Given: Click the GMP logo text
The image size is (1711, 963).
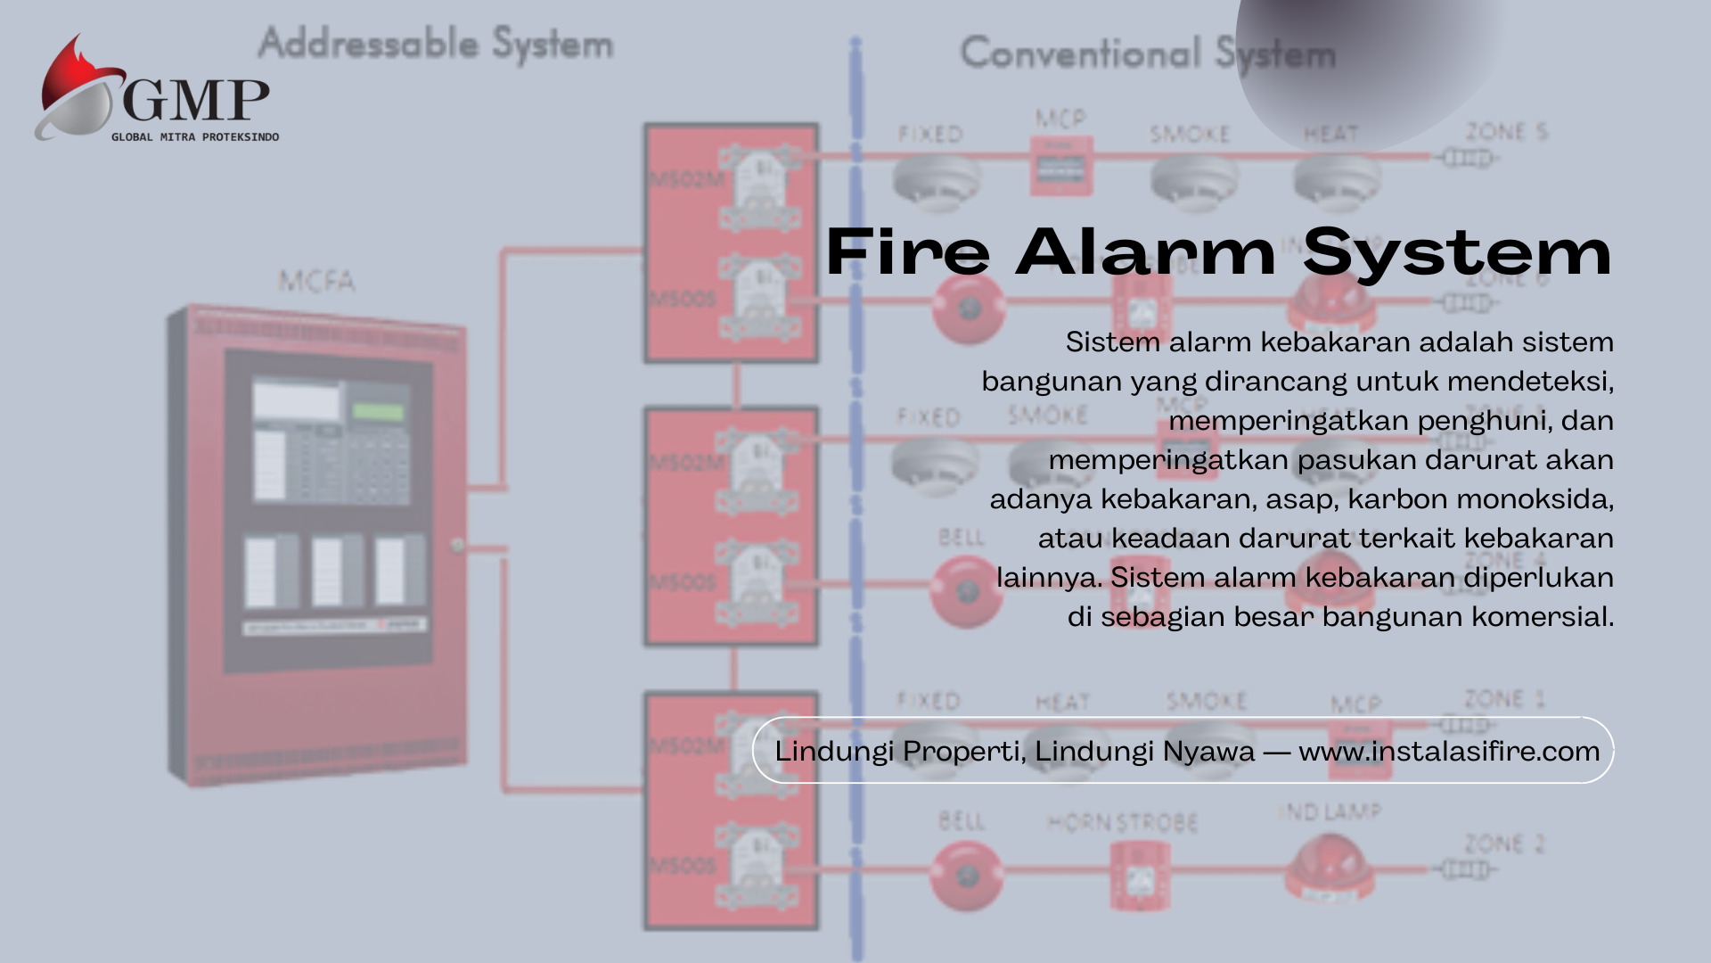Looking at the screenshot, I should pos(196,100).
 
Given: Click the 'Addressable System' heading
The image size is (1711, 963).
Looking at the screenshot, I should pos(436,44).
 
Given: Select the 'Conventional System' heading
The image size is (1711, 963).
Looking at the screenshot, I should pos(1148,53).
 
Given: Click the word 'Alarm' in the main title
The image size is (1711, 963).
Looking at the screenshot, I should pos(1146,252).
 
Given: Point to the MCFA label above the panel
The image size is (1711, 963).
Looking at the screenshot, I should pos(316,282).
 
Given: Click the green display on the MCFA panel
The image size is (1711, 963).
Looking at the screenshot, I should pos(378,411).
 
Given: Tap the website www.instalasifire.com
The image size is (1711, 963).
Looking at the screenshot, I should pos(1449,751).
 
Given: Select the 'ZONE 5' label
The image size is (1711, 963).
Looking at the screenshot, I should pos(1506,133).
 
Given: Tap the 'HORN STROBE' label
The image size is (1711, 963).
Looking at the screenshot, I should pos(1122,822).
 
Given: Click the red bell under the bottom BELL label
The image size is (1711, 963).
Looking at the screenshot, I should pos(967,876).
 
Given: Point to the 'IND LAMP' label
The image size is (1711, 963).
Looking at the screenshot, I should pos(1330,811).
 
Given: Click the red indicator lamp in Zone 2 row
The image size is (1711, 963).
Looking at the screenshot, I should pos(1330,865).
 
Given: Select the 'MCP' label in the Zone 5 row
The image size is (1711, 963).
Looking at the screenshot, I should pos(1060,119).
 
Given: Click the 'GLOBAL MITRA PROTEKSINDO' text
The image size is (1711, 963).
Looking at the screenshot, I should pos(195,137).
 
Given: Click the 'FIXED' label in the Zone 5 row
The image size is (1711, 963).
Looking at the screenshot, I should pos(930,135).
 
